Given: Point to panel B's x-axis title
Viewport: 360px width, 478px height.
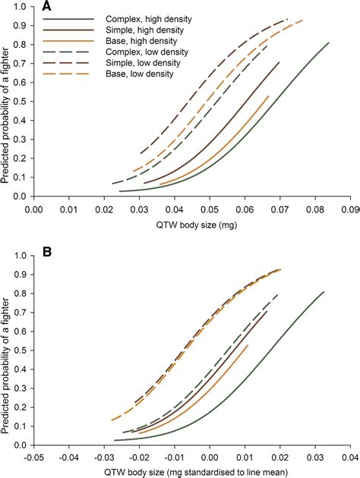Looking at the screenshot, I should pyautogui.click(x=192, y=471).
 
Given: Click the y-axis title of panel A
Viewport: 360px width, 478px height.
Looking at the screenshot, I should pyautogui.click(x=7, y=102).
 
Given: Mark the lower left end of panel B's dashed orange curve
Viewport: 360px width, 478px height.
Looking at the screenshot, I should pyautogui.click(x=112, y=420).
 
